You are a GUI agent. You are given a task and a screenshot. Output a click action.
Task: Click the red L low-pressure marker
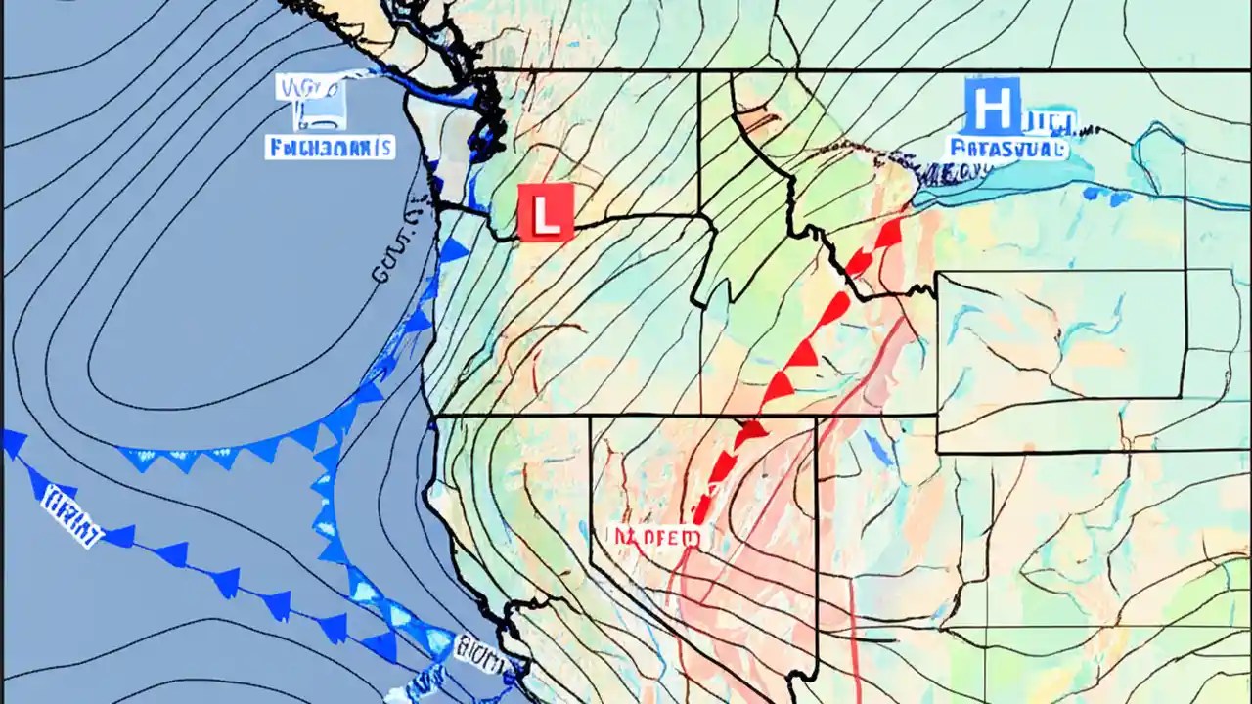coord(546,211)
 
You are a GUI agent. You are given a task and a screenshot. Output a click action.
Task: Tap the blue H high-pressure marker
coord(992,108)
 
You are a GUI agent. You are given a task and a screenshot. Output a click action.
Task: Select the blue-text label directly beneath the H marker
coord(1007,149)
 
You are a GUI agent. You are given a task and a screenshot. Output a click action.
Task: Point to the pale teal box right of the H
coord(1051,122)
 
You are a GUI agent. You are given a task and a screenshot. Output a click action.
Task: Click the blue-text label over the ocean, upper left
coord(330,148)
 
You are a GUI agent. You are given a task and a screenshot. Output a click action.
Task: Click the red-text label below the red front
coord(653,537)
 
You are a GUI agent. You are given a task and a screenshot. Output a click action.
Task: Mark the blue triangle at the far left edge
coord(13,444)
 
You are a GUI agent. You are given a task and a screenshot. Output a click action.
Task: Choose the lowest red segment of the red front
coord(701,508)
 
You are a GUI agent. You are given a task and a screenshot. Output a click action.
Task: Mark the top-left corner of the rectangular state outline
coord(937,273)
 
